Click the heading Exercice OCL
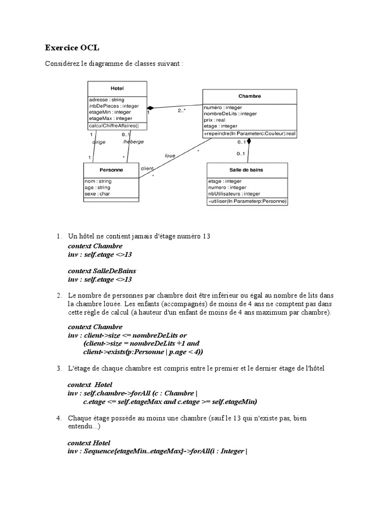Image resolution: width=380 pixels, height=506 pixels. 72,47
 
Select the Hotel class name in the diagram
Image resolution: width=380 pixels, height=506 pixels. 117,88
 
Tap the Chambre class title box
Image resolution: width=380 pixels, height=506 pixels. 250,96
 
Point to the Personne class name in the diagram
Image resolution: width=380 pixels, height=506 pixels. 111,169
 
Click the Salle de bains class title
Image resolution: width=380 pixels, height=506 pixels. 246,169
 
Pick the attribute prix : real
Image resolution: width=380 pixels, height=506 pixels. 214,120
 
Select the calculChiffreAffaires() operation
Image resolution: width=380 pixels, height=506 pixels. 114,126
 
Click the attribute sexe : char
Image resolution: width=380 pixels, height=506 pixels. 97,194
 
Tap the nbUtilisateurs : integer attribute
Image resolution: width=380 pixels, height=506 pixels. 234,194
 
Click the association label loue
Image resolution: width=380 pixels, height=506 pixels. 170,155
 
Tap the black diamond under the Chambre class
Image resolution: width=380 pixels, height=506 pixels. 249,142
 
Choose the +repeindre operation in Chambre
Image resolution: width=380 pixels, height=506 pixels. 249,133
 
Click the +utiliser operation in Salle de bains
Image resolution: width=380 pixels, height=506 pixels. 247,201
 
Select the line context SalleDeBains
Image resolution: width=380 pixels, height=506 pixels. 101,271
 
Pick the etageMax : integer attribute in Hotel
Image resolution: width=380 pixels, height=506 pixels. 110,118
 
